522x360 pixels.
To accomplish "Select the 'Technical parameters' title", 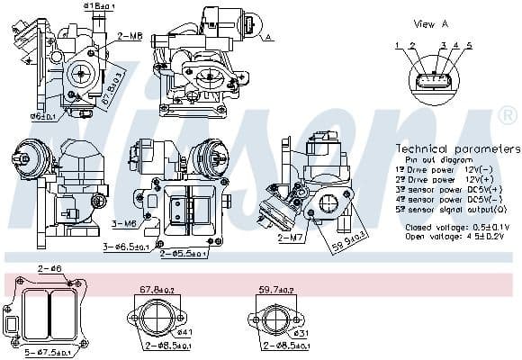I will (x=458, y=148).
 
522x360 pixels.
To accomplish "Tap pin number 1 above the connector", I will (x=397, y=44).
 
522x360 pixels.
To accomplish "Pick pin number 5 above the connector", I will (x=469, y=44).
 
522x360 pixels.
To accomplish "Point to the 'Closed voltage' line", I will (x=457, y=228).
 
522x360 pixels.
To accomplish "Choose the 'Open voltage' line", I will (x=457, y=237).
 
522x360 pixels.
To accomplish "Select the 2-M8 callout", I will (x=130, y=36).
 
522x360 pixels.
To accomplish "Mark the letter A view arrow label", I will (x=268, y=37).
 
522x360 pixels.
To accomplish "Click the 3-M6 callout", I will (x=123, y=222).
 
